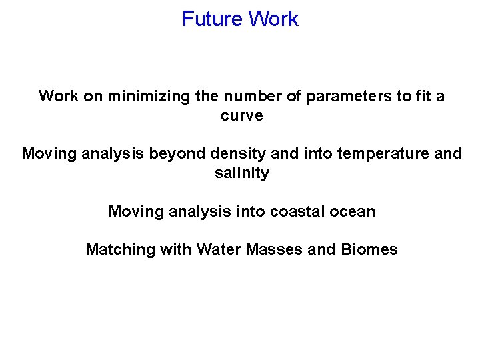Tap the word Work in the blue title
(273, 19)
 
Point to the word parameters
(347, 96)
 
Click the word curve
(242, 115)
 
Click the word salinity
(242, 173)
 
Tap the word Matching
(117, 250)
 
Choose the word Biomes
(369, 250)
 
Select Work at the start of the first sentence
(59, 96)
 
